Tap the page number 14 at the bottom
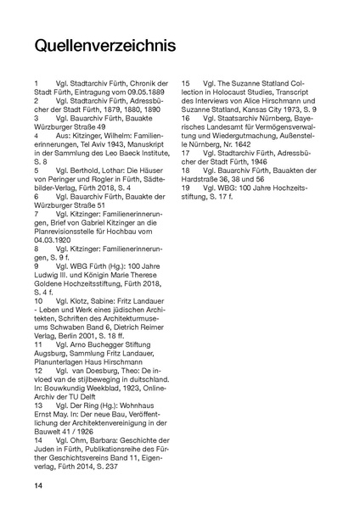tap(39, 484)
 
